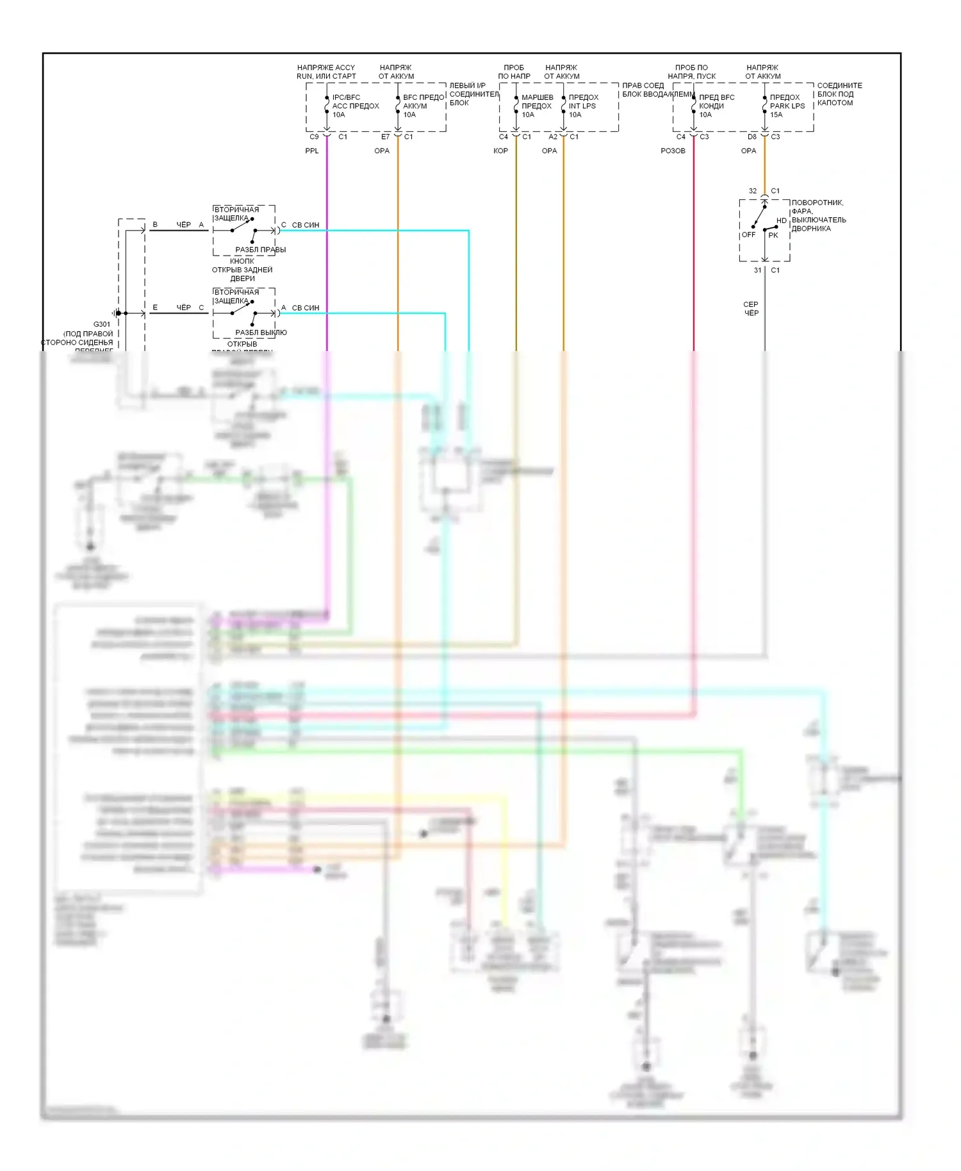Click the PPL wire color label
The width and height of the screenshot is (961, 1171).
[x=311, y=151]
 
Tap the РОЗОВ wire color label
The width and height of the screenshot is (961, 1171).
[x=673, y=151]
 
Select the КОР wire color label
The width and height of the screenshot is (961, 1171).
[x=500, y=151]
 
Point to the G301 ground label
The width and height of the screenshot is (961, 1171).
[x=102, y=325]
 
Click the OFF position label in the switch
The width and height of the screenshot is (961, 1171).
[x=748, y=235]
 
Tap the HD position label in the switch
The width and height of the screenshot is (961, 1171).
[x=781, y=221]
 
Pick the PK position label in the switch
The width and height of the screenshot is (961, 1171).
[x=773, y=236]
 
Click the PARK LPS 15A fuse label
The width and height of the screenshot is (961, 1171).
[x=787, y=106]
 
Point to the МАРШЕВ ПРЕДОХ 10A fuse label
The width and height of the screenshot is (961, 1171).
[x=537, y=106]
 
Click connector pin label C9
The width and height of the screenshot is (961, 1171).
[x=314, y=137]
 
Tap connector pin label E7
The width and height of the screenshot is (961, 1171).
[x=385, y=137]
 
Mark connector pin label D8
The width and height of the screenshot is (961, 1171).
[x=752, y=137]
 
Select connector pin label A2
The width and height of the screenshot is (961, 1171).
[x=553, y=137]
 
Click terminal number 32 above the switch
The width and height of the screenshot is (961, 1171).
[x=753, y=192]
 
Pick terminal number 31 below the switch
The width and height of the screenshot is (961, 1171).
[x=758, y=271]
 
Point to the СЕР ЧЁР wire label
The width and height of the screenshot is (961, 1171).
[x=751, y=309]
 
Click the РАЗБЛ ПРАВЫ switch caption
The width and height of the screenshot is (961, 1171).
[x=261, y=250]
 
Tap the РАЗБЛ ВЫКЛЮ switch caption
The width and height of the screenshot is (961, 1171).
[x=261, y=333]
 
